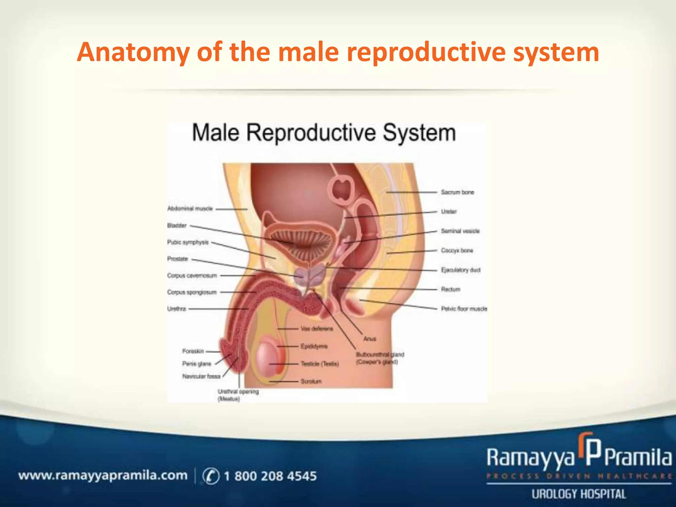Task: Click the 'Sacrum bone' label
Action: coord(457,192)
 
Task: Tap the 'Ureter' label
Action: coord(449,212)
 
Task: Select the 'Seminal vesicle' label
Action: coord(460,231)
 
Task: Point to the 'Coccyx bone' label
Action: coord(457,251)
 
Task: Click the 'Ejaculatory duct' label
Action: coord(461,270)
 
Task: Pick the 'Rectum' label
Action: coord(451,289)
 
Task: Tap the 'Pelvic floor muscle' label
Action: coord(464,309)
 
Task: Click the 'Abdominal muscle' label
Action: coord(190,209)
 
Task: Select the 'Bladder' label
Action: coord(177,225)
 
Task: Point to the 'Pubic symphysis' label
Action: coord(188,242)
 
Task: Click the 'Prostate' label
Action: coord(178,259)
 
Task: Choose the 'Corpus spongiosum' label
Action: coord(192,292)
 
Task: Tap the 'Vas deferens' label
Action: coord(317,329)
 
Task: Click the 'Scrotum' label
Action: coord(311,382)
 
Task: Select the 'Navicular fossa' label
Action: coord(201,376)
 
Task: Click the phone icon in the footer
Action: coord(211,476)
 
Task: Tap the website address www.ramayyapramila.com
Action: coord(103,476)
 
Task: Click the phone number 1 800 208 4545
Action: coord(270,476)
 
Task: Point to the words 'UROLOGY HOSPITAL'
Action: coord(579,494)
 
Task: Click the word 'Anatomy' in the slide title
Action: coord(133,52)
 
